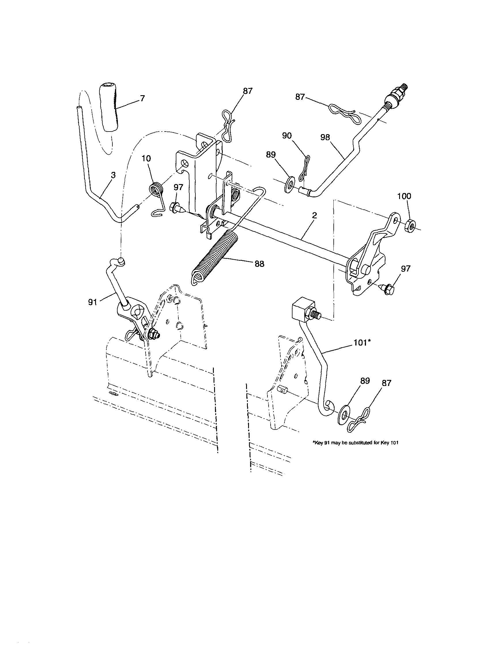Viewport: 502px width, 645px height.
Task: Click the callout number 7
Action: click(x=142, y=98)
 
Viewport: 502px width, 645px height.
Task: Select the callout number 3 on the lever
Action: click(x=113, y=175)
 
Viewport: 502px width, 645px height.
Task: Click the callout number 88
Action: click(x=259, y=264)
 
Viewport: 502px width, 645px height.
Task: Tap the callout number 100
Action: click(x=404, y=196)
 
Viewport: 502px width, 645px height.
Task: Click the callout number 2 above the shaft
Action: click(x=314, y=215)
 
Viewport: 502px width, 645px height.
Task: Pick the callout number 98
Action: click(x=325, y=138)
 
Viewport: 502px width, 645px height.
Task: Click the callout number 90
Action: click(x=287, y=136)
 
